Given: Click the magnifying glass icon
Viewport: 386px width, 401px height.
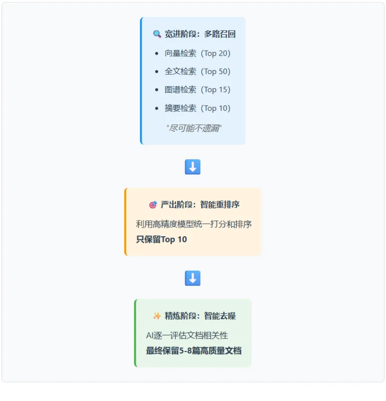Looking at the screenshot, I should click(x=157, y=34).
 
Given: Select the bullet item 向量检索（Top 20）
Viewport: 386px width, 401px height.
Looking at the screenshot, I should click(x=197, y=53).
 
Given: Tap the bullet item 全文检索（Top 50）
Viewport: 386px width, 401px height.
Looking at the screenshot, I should click(x=197, y=71).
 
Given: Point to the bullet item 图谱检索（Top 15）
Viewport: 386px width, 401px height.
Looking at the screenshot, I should click(x=197, y=90).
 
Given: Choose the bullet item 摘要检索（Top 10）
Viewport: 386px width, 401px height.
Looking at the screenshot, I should click(x=197, y=108).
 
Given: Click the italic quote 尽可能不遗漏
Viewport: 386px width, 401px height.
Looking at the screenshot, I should click(x=194, y=128).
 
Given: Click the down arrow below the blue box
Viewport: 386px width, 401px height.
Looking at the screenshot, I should click(x=193, y=167).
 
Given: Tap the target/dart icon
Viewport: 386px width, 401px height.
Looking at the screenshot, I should click(x=153, y=205).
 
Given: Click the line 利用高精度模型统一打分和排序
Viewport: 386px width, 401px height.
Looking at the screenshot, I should click(x=194, y=224).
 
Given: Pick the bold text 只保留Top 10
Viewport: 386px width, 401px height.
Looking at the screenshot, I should click(x=161, y=239).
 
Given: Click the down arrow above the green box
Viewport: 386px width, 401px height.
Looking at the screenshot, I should click(x=193, y=278).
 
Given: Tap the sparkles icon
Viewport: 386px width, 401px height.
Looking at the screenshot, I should click(x=157, y=316).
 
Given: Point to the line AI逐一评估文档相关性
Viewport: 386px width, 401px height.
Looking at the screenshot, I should click(x=187, y=335).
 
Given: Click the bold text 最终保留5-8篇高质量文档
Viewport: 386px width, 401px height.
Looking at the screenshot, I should click(x=193, y=351).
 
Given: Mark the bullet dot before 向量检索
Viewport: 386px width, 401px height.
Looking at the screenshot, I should click(x=157, y=53).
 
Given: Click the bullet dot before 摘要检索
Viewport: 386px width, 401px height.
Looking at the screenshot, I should click(x=157, y=108).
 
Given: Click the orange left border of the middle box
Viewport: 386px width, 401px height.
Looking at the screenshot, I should click(x=126, y=222).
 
